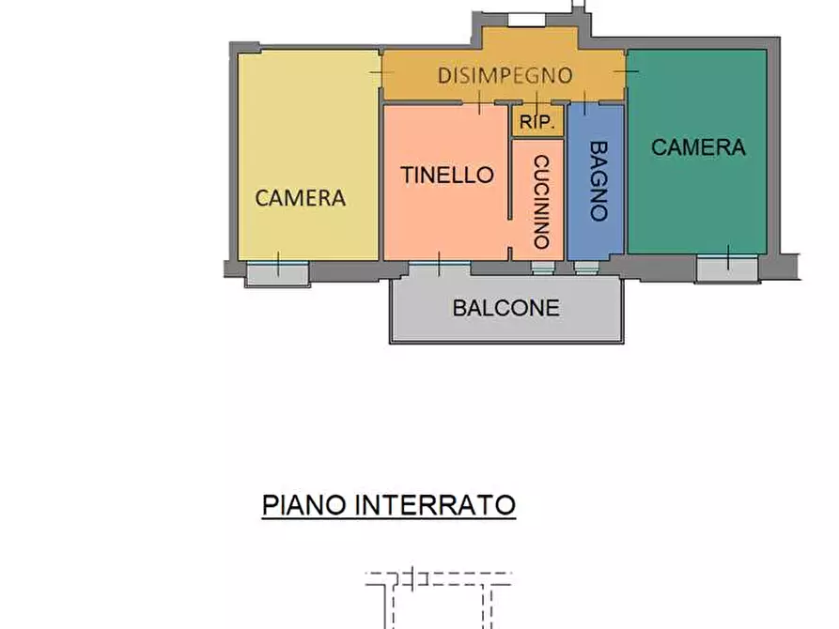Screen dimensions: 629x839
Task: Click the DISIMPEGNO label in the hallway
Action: [x=505, y=75]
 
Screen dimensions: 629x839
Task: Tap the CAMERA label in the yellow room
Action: [x=301, y=198]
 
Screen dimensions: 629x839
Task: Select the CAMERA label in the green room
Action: [x=698, y=147]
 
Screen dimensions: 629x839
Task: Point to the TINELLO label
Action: [x=447, y=175]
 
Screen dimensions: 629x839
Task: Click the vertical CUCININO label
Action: [x=540, y=202]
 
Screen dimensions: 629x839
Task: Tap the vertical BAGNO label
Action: [x=598, y=180]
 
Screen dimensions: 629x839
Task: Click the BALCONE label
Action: [x=505, y=307]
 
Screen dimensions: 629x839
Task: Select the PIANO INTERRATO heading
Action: [x=388, y=505]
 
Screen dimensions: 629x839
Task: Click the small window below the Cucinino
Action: [x=542, y=268]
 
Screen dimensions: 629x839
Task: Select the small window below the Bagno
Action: [x=586, y=268]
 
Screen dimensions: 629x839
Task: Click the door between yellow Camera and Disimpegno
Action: [x=381, y=73]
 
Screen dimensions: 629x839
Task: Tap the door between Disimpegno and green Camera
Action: [x=626, y=73]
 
